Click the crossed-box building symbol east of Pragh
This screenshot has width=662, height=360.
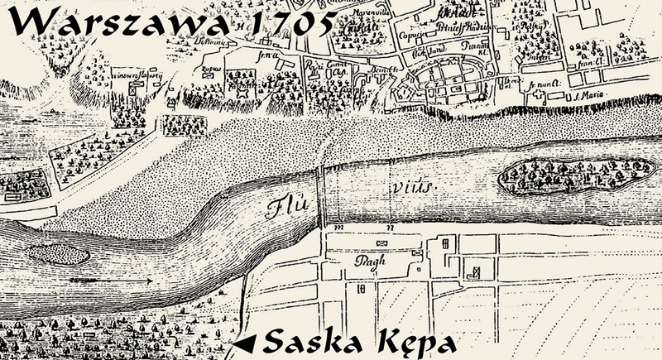tap(475, 271)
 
